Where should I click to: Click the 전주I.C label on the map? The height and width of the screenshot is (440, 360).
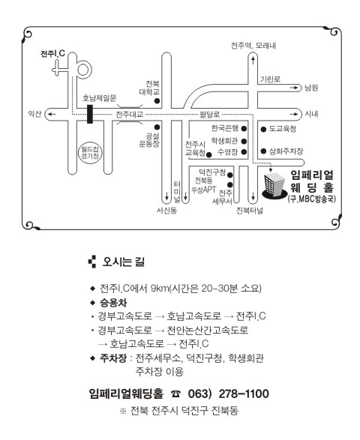[52, 53]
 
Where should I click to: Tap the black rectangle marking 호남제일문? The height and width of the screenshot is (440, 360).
[90, 114]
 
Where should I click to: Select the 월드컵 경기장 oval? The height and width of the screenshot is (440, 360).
[90, 153]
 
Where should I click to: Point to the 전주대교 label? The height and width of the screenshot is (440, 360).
[130, 114]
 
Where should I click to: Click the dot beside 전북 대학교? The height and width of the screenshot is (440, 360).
[157, 100]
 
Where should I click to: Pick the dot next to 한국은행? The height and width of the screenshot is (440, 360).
[244, 128]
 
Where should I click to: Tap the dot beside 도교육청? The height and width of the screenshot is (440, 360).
[263, 130]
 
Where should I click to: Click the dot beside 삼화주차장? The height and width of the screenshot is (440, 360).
[263, 151]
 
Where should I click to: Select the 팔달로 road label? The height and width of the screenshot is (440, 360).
[209, 114]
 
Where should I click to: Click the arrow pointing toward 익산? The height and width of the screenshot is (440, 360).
[52, 114]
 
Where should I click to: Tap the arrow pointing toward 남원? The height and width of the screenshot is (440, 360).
[294, 88]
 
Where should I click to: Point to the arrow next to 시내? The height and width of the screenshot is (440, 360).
[294, 114]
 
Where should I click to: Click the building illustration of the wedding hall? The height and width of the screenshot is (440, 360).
[274, 186]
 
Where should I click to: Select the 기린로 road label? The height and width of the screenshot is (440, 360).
[270, 79]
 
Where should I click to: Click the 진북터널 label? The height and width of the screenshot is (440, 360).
[250, 211]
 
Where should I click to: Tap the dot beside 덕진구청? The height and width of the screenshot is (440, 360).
[229, 175]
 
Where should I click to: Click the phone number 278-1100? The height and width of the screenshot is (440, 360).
[244, 394]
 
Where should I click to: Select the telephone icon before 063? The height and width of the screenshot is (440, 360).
[175, 394]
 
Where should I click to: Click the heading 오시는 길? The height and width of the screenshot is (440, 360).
[123, 262]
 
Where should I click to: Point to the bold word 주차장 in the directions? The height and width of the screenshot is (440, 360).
[113, 358]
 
